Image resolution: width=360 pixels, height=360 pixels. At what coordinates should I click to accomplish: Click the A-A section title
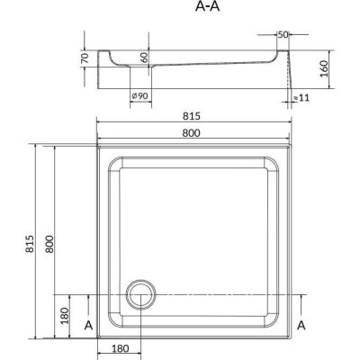pyautogui.click(x=207, y=6)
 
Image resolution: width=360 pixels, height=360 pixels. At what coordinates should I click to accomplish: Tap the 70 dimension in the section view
pyautogui.click(x=85, y=58)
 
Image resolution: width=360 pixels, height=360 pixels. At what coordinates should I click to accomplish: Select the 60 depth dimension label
pyautogui.click(x=144, y=58)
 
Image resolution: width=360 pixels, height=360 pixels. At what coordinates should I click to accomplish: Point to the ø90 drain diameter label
pyautogui.click(x=140, y=96)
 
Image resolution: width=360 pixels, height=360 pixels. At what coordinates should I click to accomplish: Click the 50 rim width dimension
pyautogui.click(x=283, y=35)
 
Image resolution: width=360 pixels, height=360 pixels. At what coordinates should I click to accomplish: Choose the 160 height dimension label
pyautogui.click(x=324, y=68)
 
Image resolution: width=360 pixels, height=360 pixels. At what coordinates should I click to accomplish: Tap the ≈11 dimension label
pyautogui.click(x=301, y=98)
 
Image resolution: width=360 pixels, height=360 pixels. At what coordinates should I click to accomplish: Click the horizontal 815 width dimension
pyautogui.click(x=192, y=116)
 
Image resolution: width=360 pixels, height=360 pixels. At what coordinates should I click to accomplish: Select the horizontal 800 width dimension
pyautogui.click(x=191, y=132)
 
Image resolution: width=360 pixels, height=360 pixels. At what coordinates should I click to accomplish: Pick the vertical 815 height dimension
pyautogui.click(x=31, y=243)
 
